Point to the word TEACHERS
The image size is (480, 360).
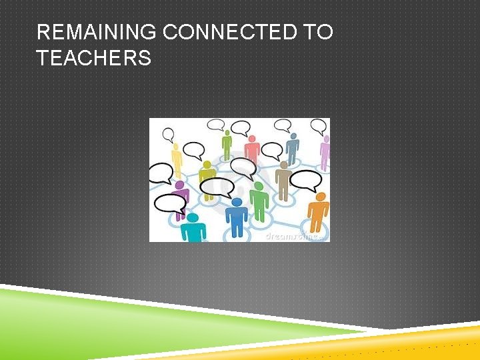(x=94, y=59)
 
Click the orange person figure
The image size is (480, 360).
(x=319, y=212)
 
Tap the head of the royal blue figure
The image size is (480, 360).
(x=237, y=203)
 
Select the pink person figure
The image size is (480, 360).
(x=251, y=149)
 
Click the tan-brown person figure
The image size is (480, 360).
(x=283, y=180)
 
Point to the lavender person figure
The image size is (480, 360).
(x=325, y=151)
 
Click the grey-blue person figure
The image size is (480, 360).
(x=292, y=147)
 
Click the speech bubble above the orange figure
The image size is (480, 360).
(x=306, y=180)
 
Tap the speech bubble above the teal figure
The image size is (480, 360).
(x=170, y=203)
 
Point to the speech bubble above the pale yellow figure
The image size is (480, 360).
(x=169, y=134)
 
